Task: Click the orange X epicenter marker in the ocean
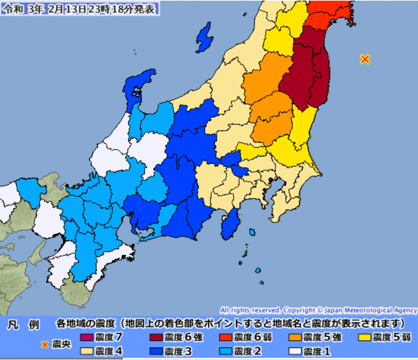(365, 59)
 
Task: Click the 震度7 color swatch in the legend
(86, 336)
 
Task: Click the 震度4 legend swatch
(86, 351)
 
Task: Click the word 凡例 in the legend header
(22, 323)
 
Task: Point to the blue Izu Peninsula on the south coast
(230, 222)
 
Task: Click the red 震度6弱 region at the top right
(328, 15)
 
